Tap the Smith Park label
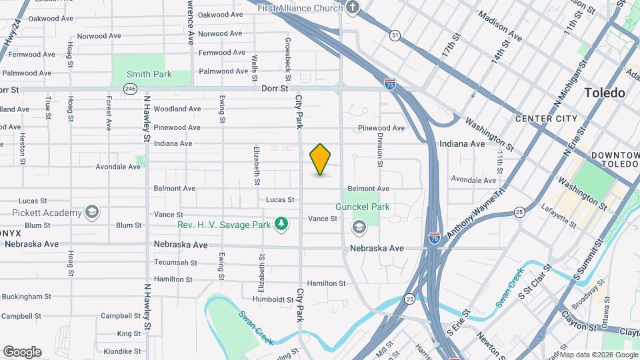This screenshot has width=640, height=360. (x=149, y=74)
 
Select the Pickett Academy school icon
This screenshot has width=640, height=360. (x=93, y=213)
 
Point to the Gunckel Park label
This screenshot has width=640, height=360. (x=362, y=207)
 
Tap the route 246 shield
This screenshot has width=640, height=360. (x=131, y=89)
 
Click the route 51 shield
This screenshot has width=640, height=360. (x=396, y=35)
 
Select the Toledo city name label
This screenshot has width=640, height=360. (x=605, y=93)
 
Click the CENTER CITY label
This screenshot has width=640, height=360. (x=546, y=119)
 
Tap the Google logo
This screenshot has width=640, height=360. (x=22, y=351)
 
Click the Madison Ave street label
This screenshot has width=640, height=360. (x=500, y=26)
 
